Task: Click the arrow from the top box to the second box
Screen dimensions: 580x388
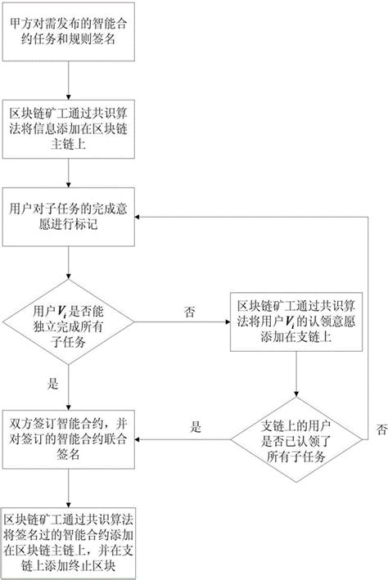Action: point(69,82)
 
